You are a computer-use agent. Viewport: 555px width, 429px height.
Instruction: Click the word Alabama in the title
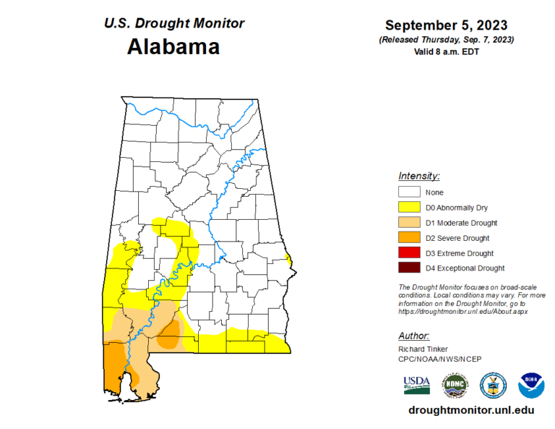173,47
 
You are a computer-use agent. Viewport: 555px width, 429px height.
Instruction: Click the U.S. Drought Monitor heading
174,23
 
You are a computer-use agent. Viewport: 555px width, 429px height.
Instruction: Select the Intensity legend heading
419,176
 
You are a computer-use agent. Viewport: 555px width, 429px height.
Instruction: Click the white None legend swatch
408,192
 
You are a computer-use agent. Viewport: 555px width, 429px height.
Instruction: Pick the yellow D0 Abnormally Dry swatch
408,208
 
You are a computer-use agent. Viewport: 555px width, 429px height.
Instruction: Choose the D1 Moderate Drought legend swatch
408,223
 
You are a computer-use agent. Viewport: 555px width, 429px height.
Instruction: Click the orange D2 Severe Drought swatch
408,238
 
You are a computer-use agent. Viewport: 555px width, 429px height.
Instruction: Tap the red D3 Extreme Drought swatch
408,253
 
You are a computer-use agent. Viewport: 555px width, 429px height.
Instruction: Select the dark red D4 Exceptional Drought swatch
408,268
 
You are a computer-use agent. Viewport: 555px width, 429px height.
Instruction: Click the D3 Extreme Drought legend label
460,253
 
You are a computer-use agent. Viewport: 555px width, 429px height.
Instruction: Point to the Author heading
414,336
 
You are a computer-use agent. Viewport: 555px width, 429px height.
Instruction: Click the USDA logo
417,385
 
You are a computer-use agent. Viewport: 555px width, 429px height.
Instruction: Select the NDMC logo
455,386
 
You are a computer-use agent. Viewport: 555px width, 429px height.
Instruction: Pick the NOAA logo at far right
531,386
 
